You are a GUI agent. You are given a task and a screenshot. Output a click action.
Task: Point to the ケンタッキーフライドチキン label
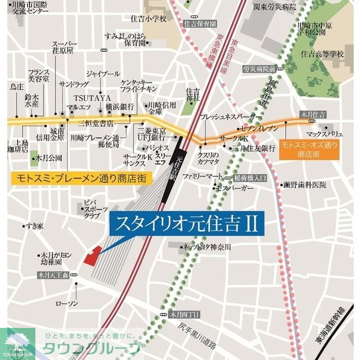138,86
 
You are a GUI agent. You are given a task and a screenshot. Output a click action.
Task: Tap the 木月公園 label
50,158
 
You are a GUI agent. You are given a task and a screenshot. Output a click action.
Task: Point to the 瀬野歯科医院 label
305,184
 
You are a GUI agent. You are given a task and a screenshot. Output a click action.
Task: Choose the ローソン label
66,304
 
